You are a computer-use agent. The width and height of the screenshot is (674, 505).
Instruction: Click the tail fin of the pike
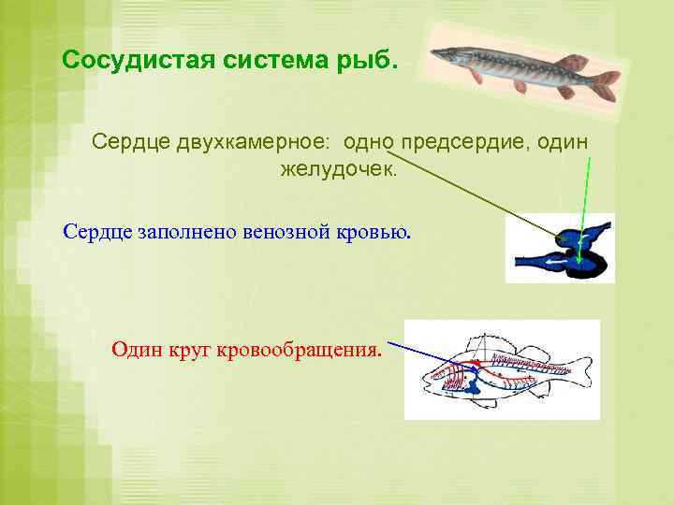coord(604,80)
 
